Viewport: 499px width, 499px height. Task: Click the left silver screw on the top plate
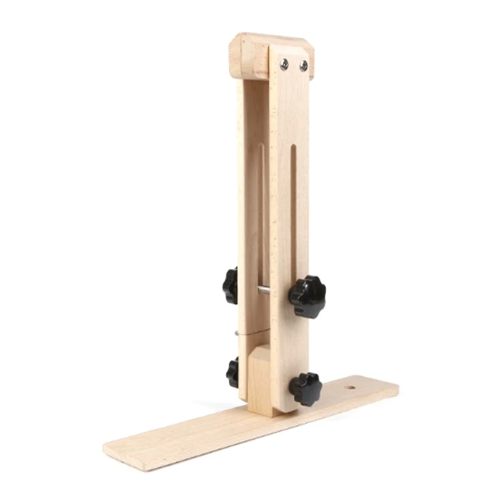point(284,62)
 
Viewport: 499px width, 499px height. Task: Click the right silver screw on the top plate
point(304,65)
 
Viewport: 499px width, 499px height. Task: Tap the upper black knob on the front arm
point(307,296)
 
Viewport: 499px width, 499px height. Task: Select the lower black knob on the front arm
point(305,388)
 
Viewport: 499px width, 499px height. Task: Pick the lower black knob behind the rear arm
point(233,372)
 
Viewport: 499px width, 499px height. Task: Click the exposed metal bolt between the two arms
point(264,289)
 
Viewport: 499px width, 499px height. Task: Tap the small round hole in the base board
point(351,388)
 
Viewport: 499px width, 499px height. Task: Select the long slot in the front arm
point(293,212)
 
